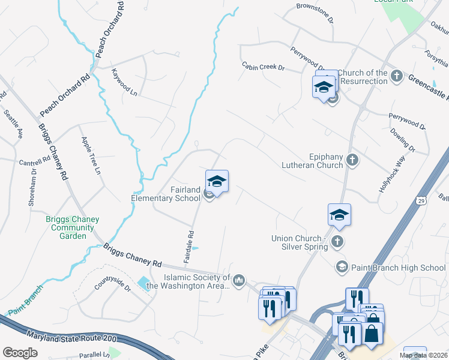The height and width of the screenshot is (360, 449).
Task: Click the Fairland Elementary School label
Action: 166,194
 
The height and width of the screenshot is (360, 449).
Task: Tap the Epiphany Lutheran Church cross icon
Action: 353,160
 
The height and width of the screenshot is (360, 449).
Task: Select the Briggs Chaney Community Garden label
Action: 73,228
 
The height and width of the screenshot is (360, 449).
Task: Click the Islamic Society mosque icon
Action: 239,280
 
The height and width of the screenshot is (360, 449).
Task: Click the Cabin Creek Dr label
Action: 263,67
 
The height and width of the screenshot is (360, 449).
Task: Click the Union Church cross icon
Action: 337,241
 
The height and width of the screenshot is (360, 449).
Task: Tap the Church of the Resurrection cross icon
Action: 396,76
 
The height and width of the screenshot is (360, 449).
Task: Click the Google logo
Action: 20,352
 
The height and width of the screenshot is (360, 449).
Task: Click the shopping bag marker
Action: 372,332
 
